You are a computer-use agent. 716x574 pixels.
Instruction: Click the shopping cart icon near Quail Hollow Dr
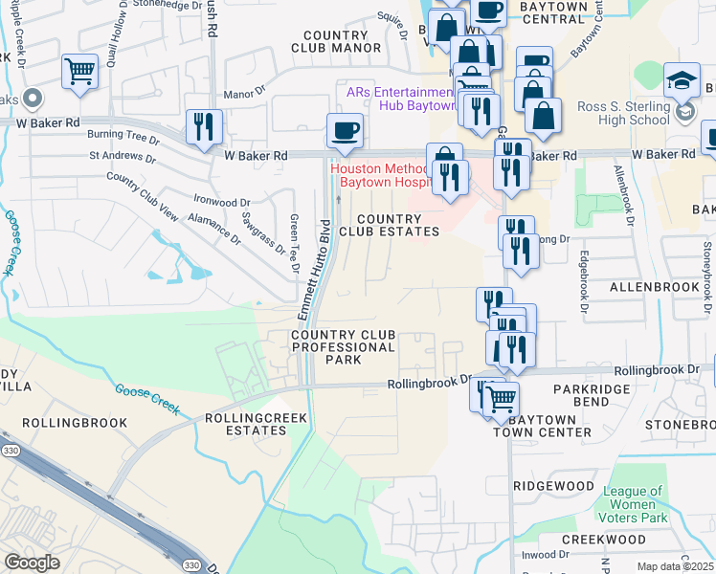coord(79,71)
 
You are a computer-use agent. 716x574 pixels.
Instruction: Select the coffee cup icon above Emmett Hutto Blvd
coord(344,130)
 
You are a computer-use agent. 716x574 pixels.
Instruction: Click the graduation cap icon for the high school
coord(683,79)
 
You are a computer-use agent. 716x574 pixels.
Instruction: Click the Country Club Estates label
coord(389,225)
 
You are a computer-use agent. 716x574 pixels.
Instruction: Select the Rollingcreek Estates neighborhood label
coord(246,424)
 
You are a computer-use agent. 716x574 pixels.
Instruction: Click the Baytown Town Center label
coord(543,426)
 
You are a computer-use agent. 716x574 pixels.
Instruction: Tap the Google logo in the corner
coord(32,563)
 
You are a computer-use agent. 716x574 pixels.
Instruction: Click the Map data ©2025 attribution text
coord(675,566)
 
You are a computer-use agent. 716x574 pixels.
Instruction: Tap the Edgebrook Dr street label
coord(581,281)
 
